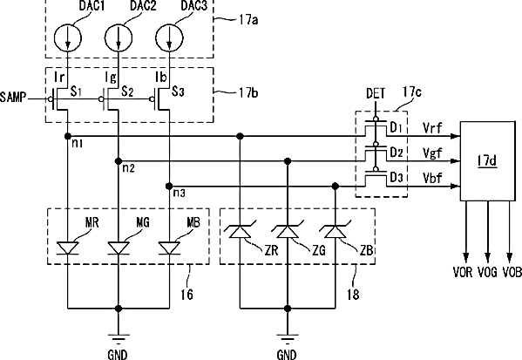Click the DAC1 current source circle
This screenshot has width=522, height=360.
[68, 37]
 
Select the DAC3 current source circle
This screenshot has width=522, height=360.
[169, 37]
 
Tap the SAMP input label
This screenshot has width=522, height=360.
[13, 98]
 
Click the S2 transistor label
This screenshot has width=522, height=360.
[127, 91]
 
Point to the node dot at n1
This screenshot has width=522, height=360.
[68, 136]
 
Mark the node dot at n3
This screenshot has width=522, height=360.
[169, 186]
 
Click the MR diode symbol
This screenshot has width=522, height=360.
[68, 248]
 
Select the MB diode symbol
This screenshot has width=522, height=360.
[169, 248]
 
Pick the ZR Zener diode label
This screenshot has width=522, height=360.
[272, 250]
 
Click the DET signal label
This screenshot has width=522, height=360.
[376, 94]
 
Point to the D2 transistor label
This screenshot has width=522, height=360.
[397, 153]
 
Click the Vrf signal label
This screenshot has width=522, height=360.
[432, 127]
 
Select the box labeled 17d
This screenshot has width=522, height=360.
[487, 161]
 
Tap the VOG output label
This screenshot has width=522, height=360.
[487, 272]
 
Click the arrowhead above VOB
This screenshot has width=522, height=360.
[509, 258]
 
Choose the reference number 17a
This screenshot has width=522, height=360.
[248, 20]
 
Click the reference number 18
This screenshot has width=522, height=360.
[353, 295]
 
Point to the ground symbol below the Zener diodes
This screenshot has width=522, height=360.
[288, 338]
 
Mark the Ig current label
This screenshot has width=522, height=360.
[111, 78]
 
